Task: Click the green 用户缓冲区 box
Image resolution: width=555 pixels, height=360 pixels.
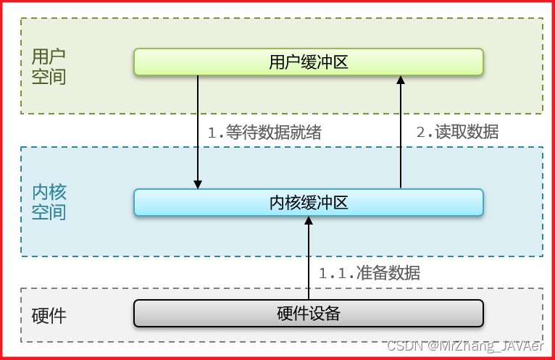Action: [308, 62]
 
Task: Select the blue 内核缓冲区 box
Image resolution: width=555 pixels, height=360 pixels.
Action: [308, 202]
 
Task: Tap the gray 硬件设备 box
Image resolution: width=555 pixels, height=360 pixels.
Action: [308, 314]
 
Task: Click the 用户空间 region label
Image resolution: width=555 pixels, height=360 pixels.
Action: [49, 66]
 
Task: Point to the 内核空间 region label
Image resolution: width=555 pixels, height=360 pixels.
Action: [49, 202]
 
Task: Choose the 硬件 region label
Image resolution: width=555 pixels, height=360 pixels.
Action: [49, 316]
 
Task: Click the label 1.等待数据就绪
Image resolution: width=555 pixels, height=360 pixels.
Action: [264, 133]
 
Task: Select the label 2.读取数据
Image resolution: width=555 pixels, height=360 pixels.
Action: [456, 132]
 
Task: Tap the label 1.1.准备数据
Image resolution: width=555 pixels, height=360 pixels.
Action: [369, 273]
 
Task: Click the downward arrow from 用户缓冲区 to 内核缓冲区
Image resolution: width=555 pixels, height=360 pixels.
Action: [197, 130]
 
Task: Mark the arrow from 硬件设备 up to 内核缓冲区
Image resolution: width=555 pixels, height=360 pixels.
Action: [308, 261]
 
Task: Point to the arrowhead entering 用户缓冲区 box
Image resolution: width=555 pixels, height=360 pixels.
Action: [400, 80]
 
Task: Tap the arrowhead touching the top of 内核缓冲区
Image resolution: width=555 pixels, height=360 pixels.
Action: [197, 183]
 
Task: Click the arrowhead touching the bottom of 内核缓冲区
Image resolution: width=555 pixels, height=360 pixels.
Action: [308, 222]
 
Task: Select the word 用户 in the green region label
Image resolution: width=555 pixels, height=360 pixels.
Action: [49, 56]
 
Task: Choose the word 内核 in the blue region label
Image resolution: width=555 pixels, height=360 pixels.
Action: [49, 192]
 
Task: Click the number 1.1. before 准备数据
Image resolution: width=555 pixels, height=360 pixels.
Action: [336, 274]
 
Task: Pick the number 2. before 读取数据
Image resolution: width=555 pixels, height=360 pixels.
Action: [424, 133]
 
